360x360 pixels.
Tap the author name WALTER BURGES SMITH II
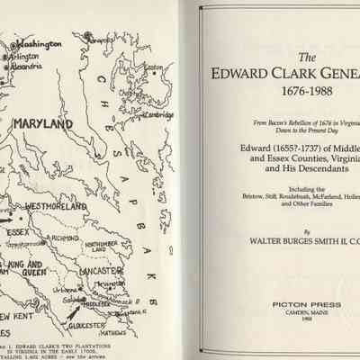(285, 241)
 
